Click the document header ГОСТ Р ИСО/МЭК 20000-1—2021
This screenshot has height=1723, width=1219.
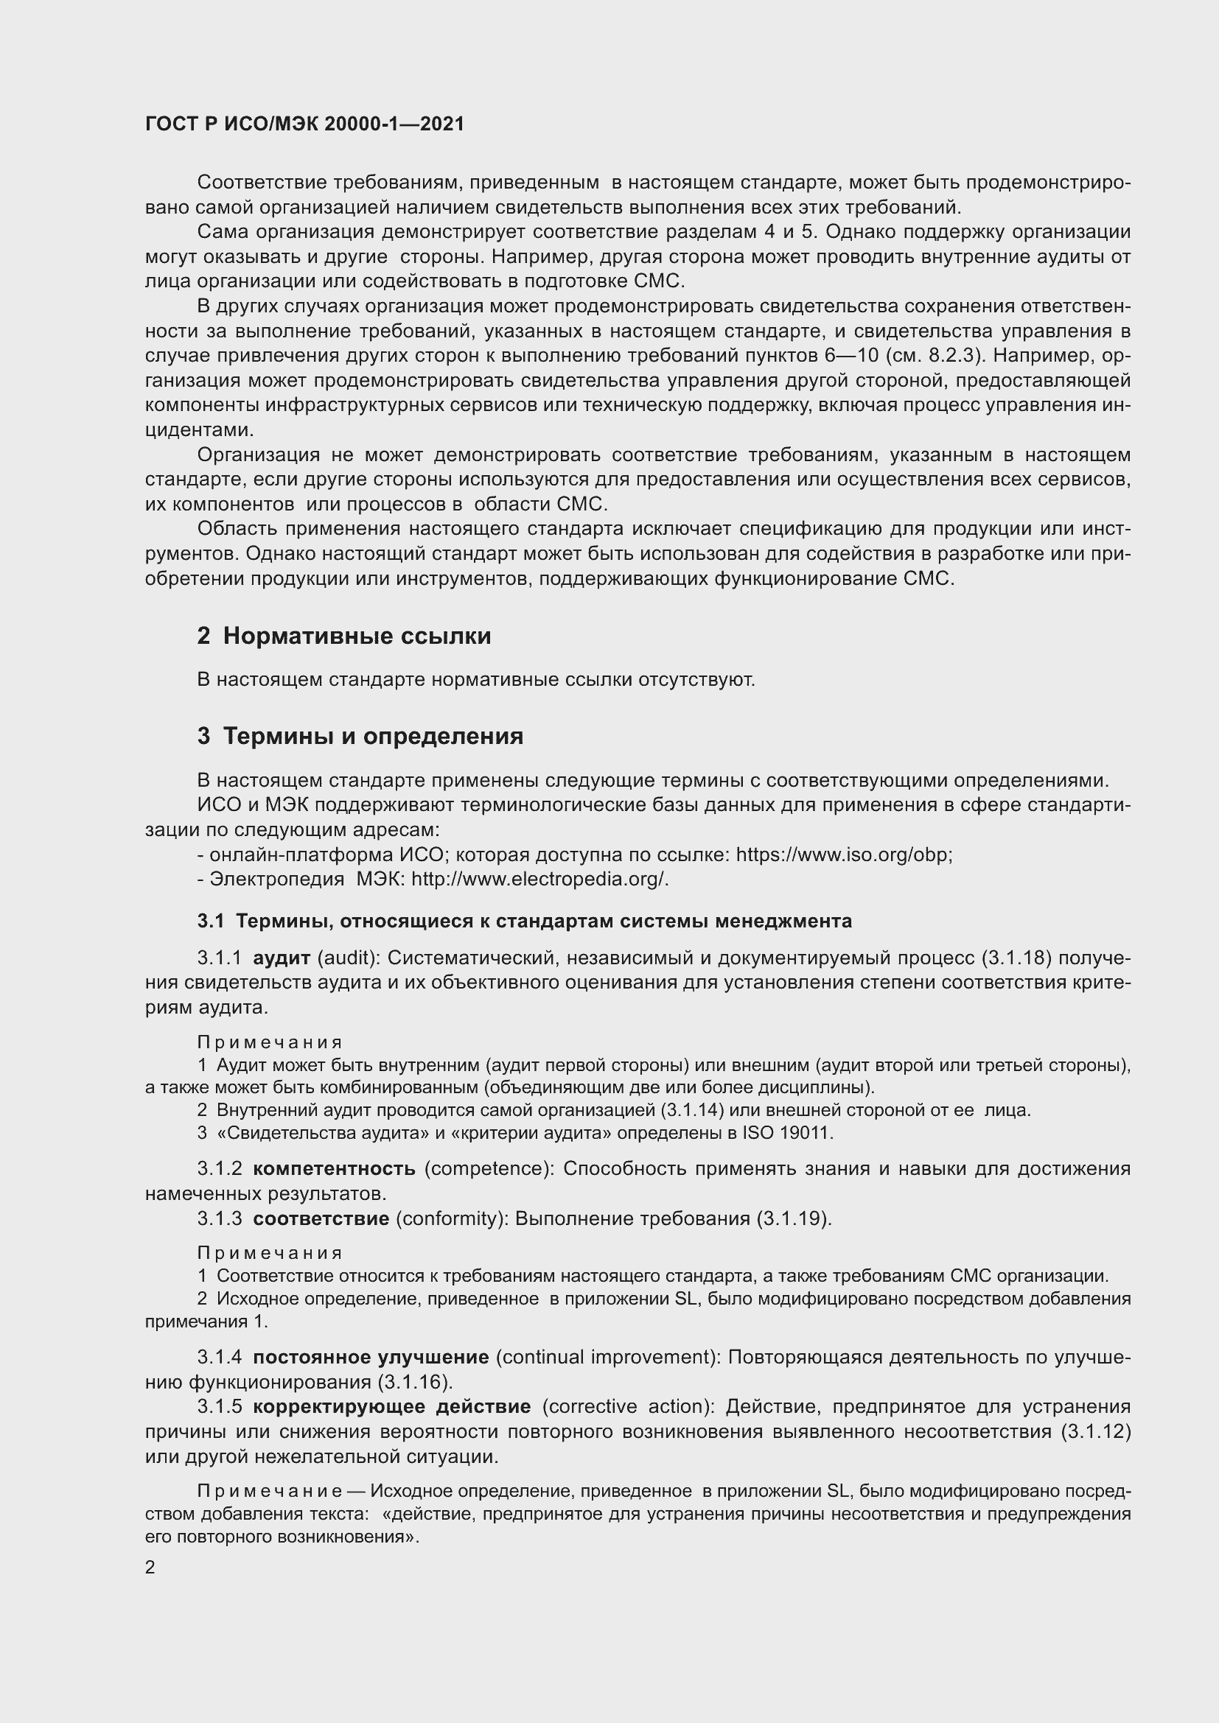(x=305, y=124)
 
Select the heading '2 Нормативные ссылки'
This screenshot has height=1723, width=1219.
(x=343, y=636)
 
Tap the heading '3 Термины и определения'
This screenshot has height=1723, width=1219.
(x=360, y=736)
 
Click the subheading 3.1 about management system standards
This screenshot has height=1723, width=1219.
(x=525, y=921)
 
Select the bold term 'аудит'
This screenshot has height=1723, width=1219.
(x=282, y=958)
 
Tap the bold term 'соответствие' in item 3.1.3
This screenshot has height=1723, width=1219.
(x=321, y=1218)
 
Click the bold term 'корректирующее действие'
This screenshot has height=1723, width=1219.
(x=392, y=1406)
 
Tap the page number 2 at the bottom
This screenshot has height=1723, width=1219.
(x=150, y=1568)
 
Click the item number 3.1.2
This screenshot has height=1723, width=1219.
(x=219, y=1168)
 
